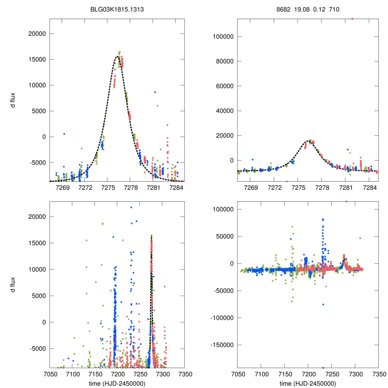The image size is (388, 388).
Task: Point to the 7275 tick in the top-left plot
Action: pyautogui.click(x=108, y=188)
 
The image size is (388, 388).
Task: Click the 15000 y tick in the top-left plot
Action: pyautogui.click(x=37, y=59)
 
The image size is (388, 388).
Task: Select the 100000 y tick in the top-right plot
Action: pyautogui.click(x=223, y=37)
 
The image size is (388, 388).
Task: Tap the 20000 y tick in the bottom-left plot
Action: pyautogui.click(x=37, y=217)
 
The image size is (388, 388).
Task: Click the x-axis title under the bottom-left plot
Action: pyautogui.click(x=117, y=383)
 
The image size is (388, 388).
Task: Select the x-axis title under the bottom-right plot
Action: pyautogui.click(x=308, y=383)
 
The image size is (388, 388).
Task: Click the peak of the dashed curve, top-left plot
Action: pyautogui.click(x=117, y=56)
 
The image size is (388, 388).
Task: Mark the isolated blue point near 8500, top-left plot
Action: pyautogui.click(x=155, y=92)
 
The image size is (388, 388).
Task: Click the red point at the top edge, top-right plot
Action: pyautogui.click(x=352, y=19)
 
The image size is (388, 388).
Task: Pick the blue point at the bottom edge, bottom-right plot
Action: pyautogui.click(x=323, y=368)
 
